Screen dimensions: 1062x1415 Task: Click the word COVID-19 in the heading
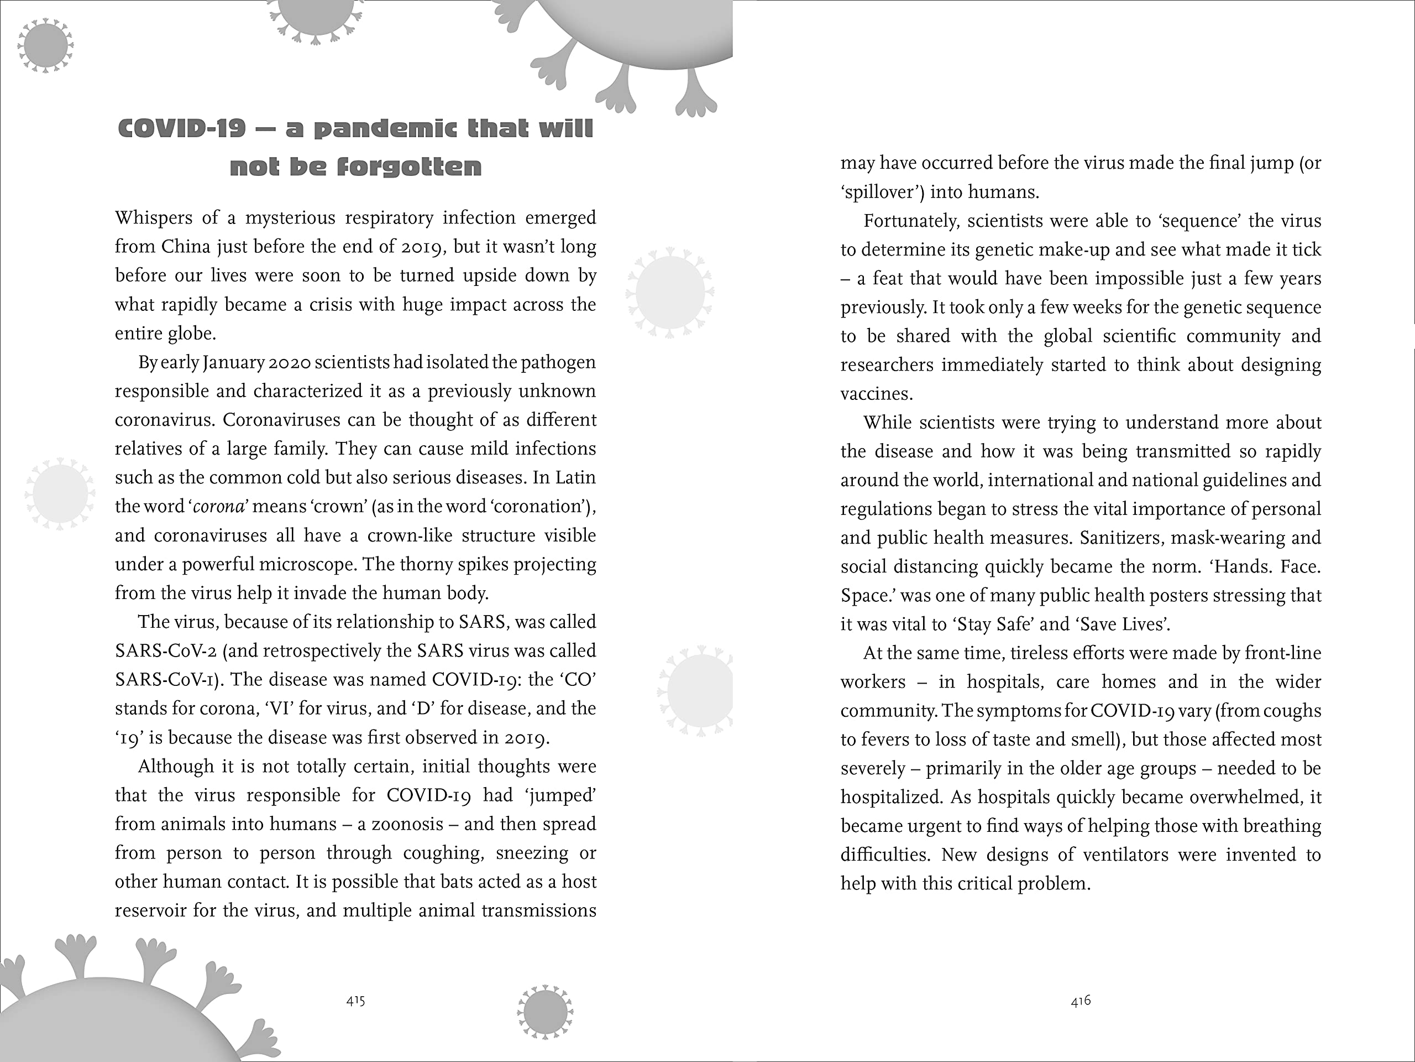tap(182, 129)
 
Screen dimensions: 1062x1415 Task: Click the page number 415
tap(355, 1001)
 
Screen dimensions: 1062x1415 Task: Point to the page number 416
tap(1081, 1001)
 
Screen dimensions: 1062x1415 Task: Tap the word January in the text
tap(233, 363)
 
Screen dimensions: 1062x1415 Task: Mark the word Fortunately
tap(911, 221)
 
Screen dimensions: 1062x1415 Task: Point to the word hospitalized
tap(891, 798)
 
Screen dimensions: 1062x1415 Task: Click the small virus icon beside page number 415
tap(545, 1012)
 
